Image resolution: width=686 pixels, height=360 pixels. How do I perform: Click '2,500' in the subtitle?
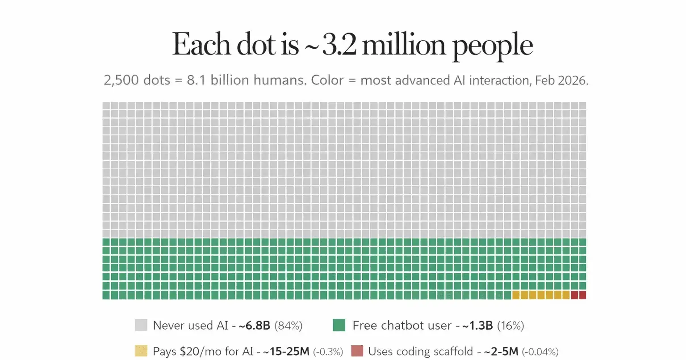(118, 81)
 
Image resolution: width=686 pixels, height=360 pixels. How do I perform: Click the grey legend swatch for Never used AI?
(141, 325)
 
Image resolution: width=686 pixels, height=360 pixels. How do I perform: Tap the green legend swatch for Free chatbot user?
(339, 325)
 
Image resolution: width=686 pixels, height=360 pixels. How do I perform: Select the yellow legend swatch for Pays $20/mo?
(141, 351)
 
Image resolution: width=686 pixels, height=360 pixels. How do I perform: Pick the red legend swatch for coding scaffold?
(357, 351)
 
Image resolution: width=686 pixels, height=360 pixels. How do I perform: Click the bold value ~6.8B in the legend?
(255, 326)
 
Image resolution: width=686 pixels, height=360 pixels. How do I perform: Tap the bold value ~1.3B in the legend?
(477, 326)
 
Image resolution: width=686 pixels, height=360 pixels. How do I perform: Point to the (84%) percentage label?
(288, 326)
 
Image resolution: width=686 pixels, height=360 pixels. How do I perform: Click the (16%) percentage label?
(510, 326)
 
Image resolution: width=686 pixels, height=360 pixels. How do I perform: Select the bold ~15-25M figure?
(286, 352)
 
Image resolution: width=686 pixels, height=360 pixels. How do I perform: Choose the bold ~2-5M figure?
(501, 352)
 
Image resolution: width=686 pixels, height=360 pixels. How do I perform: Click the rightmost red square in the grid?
(582, 295)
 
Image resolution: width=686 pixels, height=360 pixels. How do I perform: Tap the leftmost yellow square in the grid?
(516, 295)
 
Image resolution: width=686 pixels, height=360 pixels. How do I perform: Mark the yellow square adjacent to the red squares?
(566, 295)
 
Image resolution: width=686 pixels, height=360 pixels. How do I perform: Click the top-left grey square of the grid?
(106, 106)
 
